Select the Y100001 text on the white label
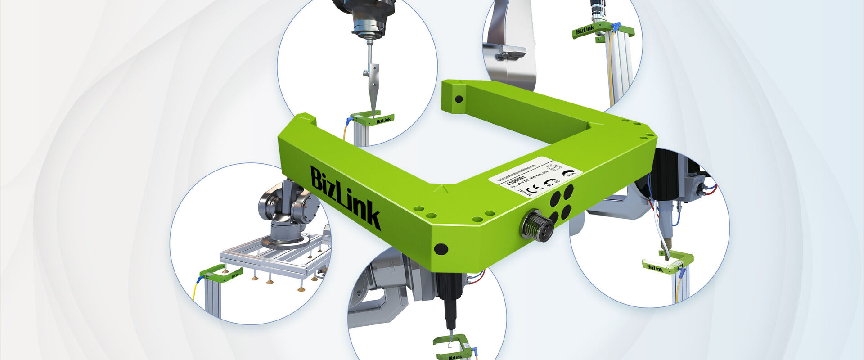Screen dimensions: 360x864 pos(513,182)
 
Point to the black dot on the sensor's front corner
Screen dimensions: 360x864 pos(441,248)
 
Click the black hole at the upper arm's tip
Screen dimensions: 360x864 pos(459,99)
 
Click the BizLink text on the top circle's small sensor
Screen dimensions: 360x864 pos(383,120)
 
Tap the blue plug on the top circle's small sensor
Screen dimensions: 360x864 pos(349,121)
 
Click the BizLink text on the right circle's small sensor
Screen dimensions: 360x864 pos(655,268)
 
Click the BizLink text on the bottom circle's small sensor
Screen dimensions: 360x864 pos(455,357)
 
